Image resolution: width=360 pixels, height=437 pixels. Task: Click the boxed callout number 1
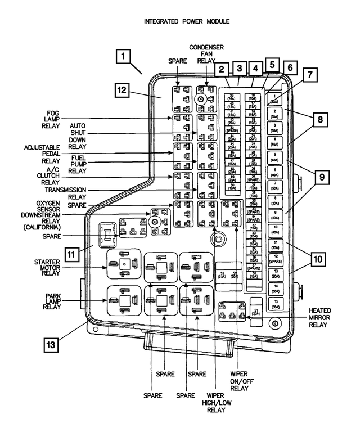124,57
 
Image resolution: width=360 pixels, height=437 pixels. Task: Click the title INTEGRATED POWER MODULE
179,21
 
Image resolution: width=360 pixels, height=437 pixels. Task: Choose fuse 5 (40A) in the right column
274,156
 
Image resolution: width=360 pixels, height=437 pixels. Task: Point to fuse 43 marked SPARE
232,128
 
